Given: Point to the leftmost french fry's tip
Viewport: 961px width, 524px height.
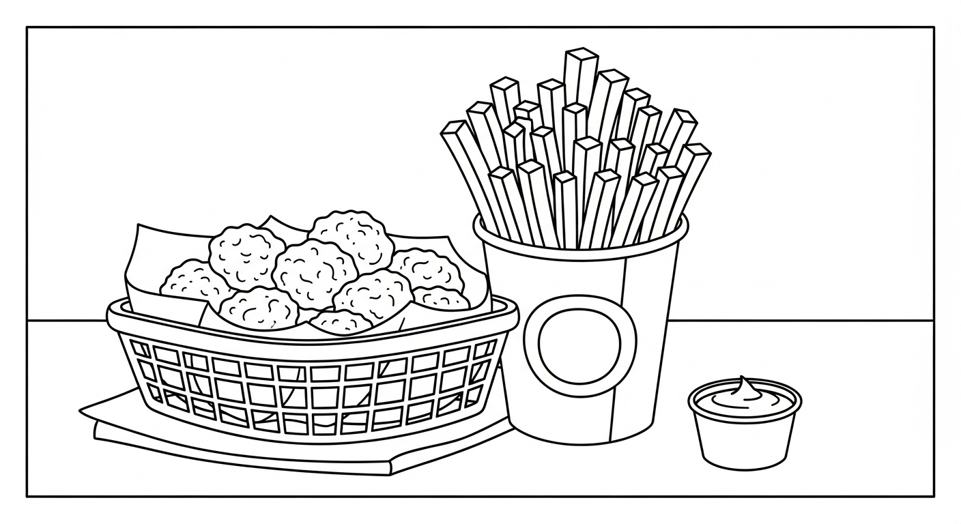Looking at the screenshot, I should [x=453, y=129].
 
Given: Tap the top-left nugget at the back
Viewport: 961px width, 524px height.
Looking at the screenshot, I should [x=246, y=254].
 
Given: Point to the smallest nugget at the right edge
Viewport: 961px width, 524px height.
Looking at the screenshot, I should [x=442, y=298].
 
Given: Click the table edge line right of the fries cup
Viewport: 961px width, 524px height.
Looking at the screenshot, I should [x=805, y=320].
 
